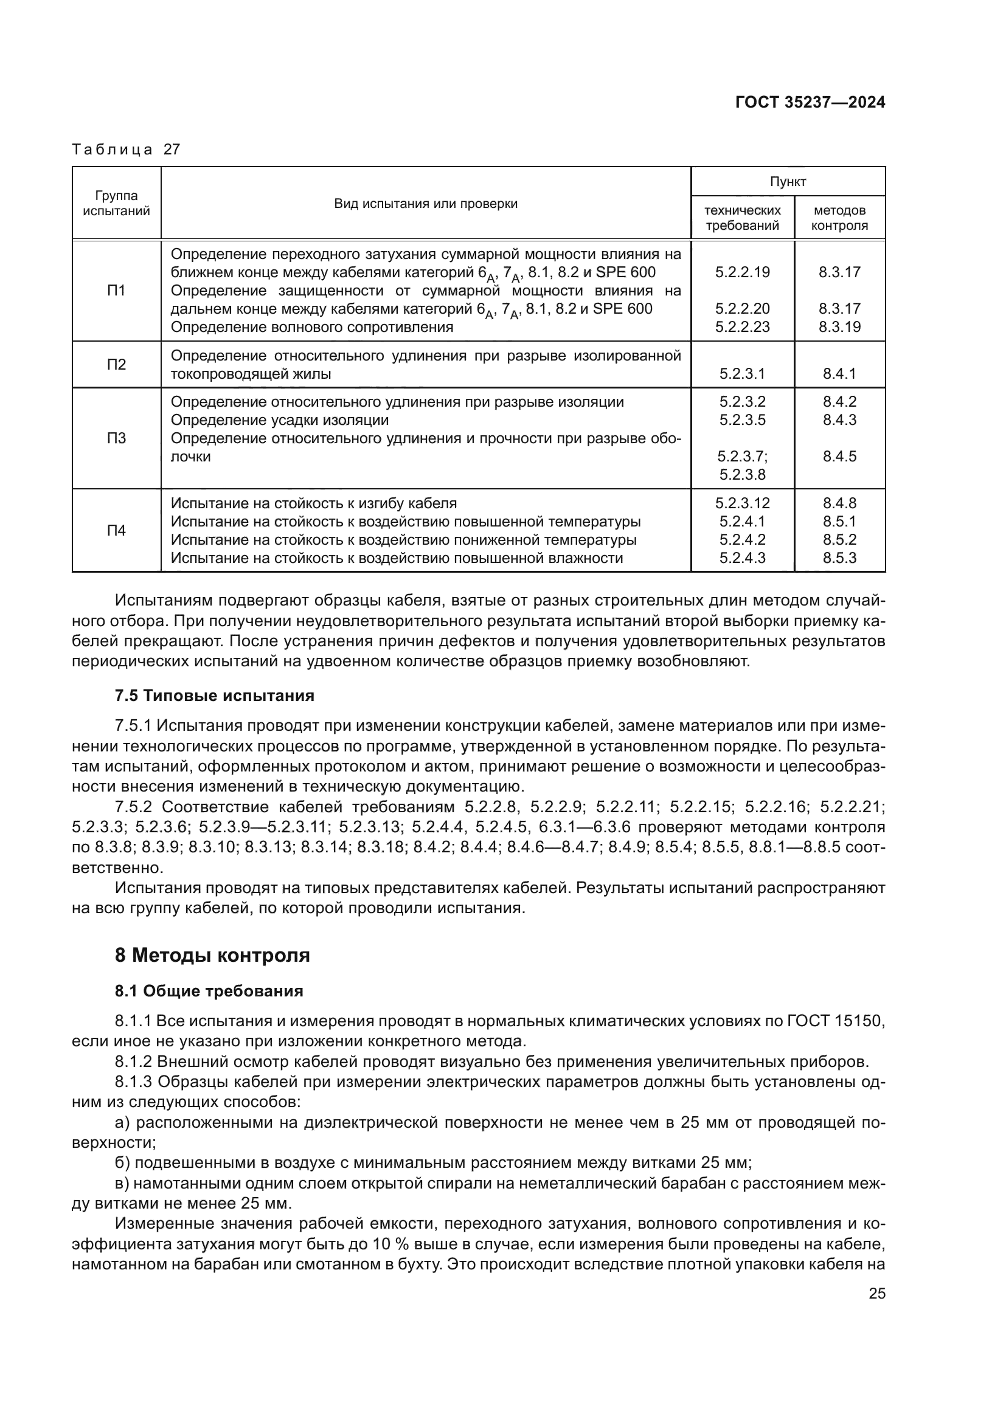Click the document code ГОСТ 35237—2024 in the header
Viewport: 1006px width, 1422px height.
tap(810, 102)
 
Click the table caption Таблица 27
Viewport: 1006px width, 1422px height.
tap(126, 150)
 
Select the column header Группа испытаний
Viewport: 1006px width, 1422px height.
tap(116, 204)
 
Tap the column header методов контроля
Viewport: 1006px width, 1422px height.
tap(839, 218)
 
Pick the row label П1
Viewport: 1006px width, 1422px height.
tap(116, 291)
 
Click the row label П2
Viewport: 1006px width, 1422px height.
tap(116, 364)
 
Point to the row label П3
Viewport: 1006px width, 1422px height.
tap(116, 438)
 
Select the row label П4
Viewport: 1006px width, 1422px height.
tap(116, 530)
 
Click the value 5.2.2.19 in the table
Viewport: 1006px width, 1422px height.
tap(742, 272)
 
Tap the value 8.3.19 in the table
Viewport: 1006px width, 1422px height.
tap(839, 327)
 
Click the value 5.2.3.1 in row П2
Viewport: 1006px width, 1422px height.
tap(742, 373)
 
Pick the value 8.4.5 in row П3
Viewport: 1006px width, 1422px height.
tap(839, 457)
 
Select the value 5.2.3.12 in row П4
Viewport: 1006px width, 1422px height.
tap(742, 503)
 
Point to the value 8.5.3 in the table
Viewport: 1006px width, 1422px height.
tap(839, 558)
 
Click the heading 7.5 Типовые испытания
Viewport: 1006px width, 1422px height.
tap(214, 695)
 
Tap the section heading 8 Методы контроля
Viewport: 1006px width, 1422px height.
tap(212, 955)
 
